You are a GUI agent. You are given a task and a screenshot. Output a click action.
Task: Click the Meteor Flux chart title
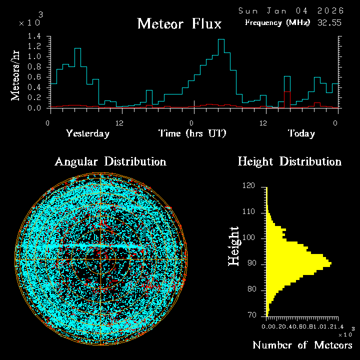[179, 23]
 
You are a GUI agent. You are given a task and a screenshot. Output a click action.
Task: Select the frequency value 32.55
[329, 22]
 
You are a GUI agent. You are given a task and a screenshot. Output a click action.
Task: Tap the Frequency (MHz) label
[277, 22]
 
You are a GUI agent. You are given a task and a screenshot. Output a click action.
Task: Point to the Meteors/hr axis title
[16, 75]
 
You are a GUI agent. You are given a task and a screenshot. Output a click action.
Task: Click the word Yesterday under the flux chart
[87, 133]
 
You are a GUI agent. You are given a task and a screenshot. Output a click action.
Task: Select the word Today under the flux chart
[301, 133]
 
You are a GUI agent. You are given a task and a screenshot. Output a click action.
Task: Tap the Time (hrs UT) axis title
[192, 133]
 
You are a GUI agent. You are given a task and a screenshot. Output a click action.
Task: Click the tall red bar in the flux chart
[287, 99]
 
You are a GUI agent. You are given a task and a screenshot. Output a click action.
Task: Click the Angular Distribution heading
[110, 162]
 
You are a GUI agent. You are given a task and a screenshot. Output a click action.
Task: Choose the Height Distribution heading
[289, 162]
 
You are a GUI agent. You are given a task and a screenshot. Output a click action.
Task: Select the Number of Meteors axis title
[302, 345]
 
